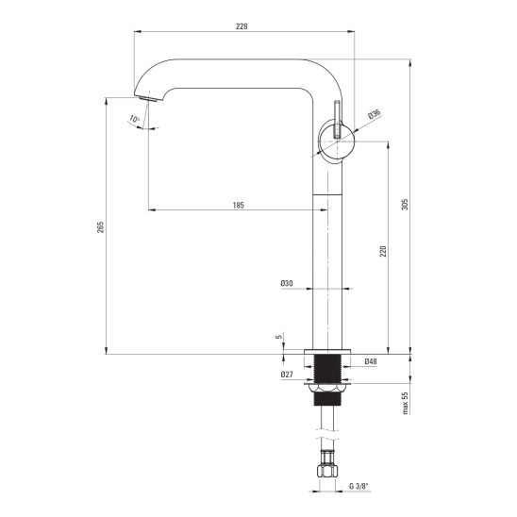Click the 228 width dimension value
[242, 26]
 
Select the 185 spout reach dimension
[239, 205]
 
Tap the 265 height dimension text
[100, 227]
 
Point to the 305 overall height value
[405, 205]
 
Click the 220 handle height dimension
[383, 252]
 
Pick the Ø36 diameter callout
[375, 114]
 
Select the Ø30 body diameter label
[287, 283]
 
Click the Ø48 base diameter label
[371, 361]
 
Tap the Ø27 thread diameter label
[287, 375]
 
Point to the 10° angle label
[134, 119]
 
